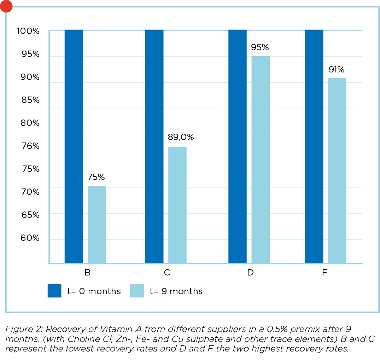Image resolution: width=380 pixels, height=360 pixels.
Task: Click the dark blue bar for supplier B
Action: pos(74,146)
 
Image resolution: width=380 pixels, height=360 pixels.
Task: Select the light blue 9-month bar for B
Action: pos(97,225)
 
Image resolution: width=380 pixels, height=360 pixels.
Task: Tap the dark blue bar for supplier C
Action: pos(154,146)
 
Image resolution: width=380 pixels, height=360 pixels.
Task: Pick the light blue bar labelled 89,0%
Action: pos(177,205)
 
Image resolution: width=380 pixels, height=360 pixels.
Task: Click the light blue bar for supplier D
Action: pos(261,159)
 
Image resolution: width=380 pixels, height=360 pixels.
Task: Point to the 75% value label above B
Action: pos(96,177)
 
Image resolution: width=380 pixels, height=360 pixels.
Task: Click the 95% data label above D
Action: pos(260,47)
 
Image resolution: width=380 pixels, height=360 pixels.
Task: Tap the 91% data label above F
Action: pos(336,69)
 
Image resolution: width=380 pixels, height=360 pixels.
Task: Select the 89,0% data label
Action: pos(181,138)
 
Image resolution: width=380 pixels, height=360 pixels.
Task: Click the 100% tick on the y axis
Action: pos(28,31)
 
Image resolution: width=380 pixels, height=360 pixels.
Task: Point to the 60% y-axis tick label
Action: pos(29,238)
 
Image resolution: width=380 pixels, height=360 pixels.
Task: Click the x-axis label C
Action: pos(167,273)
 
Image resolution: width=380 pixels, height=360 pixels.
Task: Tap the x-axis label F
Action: pos(325,273)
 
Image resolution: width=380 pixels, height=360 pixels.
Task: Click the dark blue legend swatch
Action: pos(54,291)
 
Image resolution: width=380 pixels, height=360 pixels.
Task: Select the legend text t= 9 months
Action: pos(176,291)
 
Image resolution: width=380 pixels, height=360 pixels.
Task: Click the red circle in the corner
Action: pos(6,6)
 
